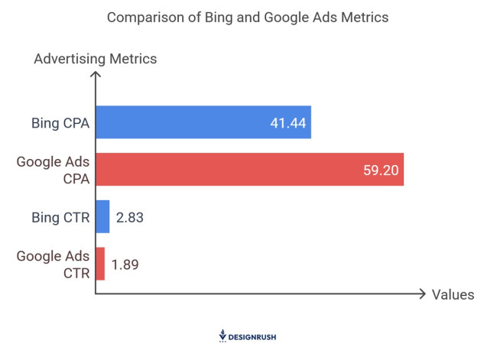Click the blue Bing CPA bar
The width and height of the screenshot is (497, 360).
[x=203, y=122]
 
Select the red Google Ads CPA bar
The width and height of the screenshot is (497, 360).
[x=249, y=169]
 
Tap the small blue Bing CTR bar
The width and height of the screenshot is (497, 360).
[x=102, y=217]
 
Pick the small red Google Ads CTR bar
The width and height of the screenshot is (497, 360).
[x=100, y=264]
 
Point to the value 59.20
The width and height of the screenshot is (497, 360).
[x=380, y=169]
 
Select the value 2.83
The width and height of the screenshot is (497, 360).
[x=130, y=217]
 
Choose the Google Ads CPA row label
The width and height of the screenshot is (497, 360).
[x=54, y=169]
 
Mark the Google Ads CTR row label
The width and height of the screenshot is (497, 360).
[x=54, y=264]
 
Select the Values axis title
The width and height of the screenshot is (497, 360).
[x=453, y=295]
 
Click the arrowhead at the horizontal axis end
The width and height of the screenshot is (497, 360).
[x=422, y=294]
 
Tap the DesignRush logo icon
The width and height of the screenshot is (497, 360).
[x=222, y=335]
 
